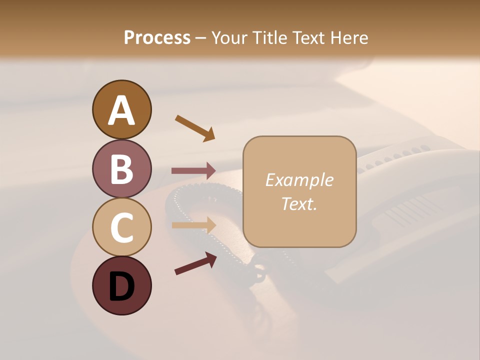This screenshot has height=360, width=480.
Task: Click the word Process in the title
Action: point(157,37)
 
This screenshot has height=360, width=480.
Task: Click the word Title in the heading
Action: point(266,37)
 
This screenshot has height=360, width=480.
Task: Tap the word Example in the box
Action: point(299,180)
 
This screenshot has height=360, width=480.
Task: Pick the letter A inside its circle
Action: point(121,110)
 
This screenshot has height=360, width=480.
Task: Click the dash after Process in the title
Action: point(200,38)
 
